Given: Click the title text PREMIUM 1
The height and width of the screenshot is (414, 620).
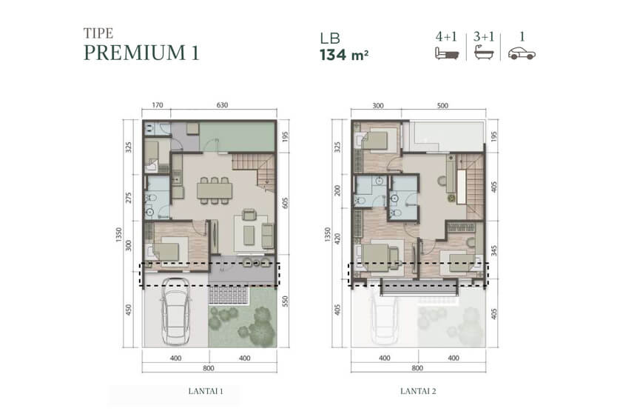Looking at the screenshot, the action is [x=141, y=53].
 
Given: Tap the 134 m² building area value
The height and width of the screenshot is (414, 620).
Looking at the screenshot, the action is [x=344, y=55].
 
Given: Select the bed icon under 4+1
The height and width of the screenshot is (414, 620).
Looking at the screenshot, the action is [x=447, y=53].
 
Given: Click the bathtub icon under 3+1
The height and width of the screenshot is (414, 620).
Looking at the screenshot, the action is [x=485, y=53].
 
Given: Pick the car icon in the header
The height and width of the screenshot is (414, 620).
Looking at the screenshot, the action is [x=522, y=53].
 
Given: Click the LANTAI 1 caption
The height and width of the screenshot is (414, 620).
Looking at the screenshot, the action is [x=206, y=391].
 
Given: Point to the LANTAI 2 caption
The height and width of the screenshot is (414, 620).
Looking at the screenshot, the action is [x=418, y=391].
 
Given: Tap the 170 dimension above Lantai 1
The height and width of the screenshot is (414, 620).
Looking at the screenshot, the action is [x=158, y=105].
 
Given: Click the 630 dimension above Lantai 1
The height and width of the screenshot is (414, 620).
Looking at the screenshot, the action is [x=222, y=105].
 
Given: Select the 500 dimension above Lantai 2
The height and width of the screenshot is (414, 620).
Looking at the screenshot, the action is [x=443, y=106].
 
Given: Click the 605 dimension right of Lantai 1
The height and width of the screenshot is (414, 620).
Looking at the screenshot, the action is [x=286, y=203].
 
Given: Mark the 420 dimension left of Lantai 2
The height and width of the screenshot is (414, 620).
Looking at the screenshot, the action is [x=337, y=238].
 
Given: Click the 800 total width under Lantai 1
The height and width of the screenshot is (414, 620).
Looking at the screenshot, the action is [x=209, y=368].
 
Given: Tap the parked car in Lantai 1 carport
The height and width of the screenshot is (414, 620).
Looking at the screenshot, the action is [x=175, y=311].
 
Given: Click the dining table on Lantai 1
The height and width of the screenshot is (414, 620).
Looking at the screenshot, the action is [x=215, y=190].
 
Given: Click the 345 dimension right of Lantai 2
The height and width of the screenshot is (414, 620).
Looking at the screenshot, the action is [x=494, y=250].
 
